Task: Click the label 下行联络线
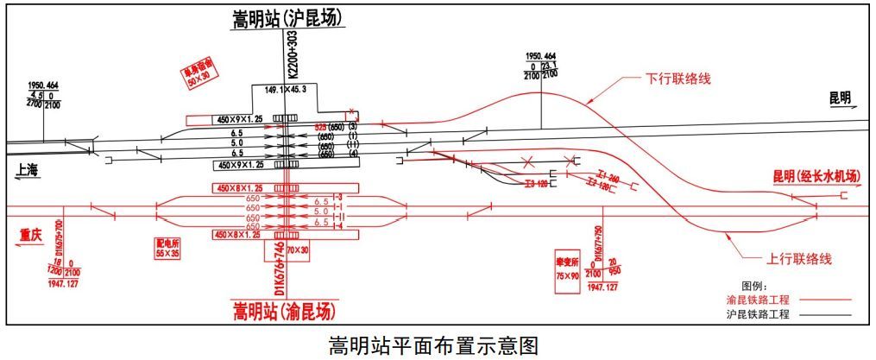(x=677, y=79)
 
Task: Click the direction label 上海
(x=28, y=170)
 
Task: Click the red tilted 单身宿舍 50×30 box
(x=198, y=74)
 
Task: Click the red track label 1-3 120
(x=537, y=184)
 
